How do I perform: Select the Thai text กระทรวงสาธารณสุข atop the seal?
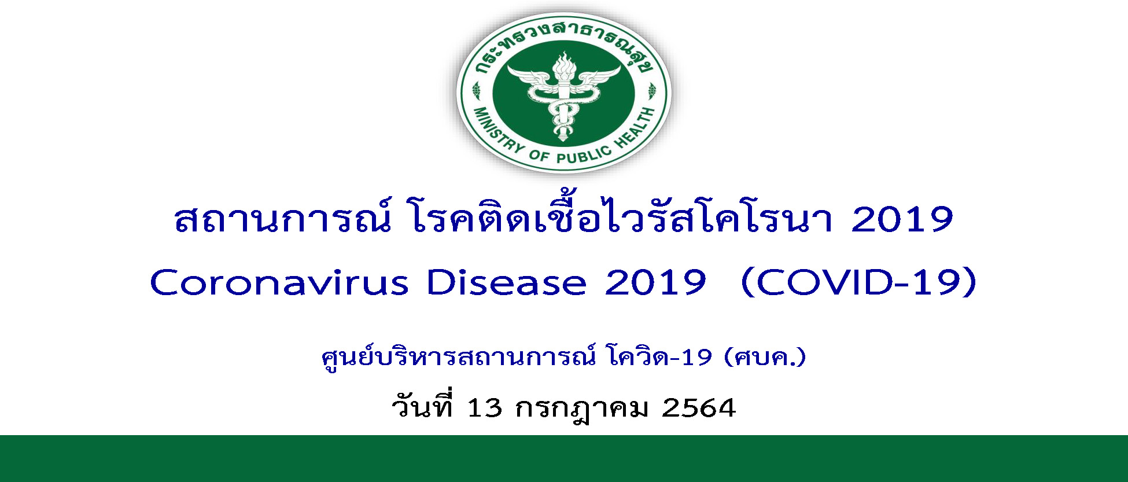(x=564, y=46)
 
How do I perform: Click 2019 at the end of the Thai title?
(x=902, y=219)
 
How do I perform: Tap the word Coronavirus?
(x=279, y=283)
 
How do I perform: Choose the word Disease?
(x=506, y=283)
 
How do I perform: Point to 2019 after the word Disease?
(x=655, y=283)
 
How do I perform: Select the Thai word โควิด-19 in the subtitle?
(x=660, y=357)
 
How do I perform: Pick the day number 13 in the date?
(x=484, y=408)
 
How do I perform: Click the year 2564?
(x=699, y=408)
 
